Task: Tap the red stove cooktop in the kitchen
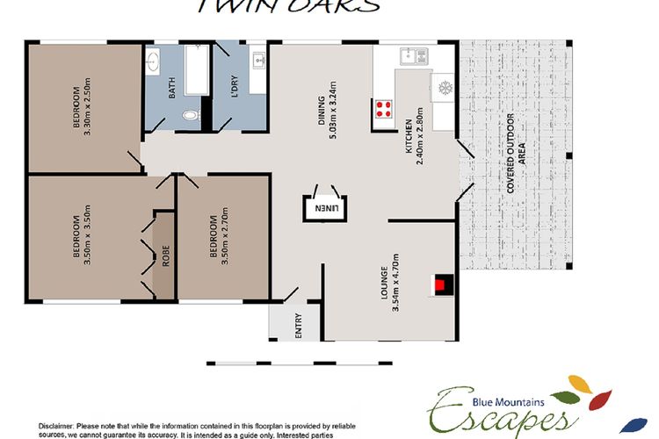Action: [384, 110]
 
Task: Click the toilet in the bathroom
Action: [189, 115]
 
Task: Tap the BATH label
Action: [172, 87]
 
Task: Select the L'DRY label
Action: [235, 87]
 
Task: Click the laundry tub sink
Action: [258, 61]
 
